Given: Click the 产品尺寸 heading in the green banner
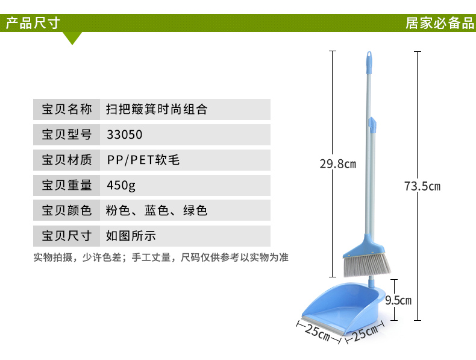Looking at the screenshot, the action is (33, 23).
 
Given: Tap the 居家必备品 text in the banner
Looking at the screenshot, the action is (440, 23).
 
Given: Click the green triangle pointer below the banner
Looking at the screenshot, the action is (72, 38).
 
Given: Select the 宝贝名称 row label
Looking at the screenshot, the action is (67, 109).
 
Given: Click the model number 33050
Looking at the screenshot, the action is (125, 134).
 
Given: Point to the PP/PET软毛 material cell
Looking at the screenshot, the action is (143, 160).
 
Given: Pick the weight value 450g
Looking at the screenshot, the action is (121, 185).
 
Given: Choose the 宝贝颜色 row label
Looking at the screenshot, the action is (67, 210).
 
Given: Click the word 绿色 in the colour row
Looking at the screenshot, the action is (195, 210).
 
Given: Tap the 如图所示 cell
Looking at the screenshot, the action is (131, 236).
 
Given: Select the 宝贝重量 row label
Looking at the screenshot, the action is (67, 185).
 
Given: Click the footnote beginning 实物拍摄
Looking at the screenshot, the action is (161, 257).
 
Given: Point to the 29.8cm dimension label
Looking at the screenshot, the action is (338, 164).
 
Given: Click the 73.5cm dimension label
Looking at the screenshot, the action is (422, 186).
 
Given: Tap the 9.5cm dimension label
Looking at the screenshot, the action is (398, 300).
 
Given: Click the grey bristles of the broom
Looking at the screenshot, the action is (366, 265).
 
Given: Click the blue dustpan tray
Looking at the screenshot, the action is (342, 307).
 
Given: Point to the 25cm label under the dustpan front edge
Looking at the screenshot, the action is (317, 332).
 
